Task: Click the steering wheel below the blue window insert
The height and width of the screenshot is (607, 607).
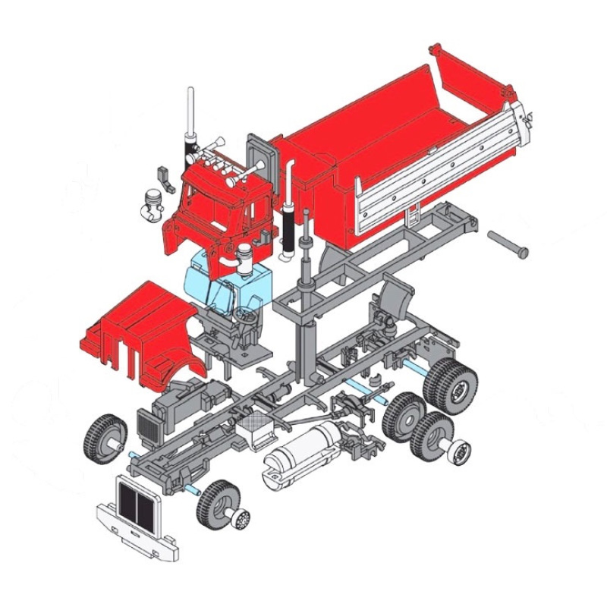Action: coord(246,319)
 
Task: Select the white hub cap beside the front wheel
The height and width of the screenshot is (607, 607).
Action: coord(241,520)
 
